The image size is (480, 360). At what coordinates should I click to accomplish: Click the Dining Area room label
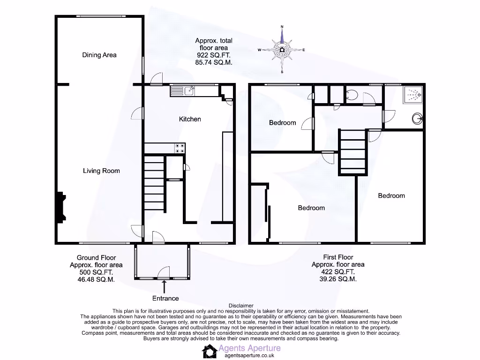tap(99, 55)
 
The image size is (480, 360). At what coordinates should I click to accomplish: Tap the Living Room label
tap(101, 171)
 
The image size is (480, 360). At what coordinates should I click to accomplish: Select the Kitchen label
tap(190, 119)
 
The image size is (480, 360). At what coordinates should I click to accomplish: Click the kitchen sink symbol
tap(189, 90)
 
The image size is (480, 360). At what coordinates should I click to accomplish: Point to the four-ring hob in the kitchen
tap(179, 148)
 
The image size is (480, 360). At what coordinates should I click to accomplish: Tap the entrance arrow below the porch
tap(164, 287)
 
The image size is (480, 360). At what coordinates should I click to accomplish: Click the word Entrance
tap(165, 298)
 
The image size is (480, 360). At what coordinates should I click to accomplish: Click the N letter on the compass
tap(282, 26)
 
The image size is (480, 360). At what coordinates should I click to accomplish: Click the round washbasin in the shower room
tap(417, 119)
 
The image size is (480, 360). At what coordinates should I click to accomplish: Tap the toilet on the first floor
tap(352, 96)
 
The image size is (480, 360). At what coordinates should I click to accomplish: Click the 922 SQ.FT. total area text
tap(214, 55)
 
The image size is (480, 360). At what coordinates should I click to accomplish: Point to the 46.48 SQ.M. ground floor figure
tap(96, 279)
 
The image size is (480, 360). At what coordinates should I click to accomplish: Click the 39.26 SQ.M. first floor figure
tap(338, 278)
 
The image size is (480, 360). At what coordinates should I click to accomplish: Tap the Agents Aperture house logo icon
tap(209, 351)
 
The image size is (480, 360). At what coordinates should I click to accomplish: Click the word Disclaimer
tap(241, 305)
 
